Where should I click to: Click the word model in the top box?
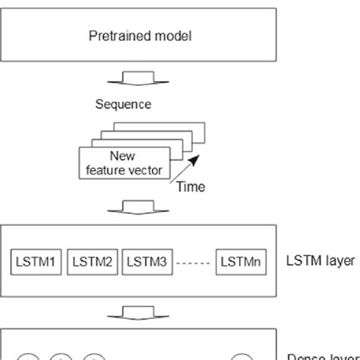167,35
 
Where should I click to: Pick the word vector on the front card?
146,170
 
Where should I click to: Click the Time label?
191,185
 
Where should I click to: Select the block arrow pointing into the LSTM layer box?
143,204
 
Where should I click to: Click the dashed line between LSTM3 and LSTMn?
193,262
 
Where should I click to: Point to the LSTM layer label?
321,261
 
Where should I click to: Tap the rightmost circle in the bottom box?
242,356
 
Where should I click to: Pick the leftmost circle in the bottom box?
28,356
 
